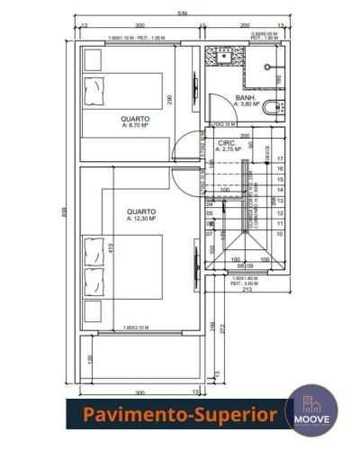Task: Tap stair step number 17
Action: [x=281, y=158]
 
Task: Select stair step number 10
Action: [x=281, y=235]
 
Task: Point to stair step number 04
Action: [x=210, y=203]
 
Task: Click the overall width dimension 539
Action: [x=182, y=13]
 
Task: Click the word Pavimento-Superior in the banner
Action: [x=180, y=415]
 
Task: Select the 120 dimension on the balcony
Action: [x=90, y=360]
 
